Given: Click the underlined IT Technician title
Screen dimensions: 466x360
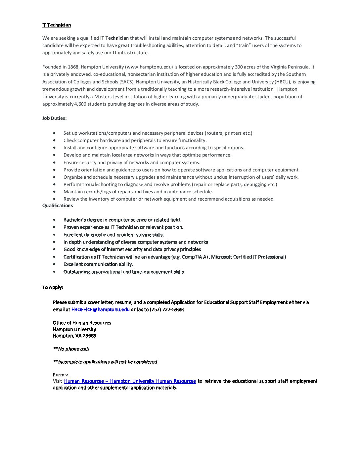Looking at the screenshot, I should pyautogui.click(x=57, y=25).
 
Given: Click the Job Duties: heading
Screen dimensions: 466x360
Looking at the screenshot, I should pyautogui.click(x=54, y=118).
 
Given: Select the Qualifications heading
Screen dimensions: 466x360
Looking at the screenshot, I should pyautogui.click(x=58, y=206).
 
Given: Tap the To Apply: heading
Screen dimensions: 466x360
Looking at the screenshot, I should pyautogui.click(x=52, y=287).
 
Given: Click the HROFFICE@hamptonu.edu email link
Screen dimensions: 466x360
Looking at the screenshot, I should pyautogui.click(x=100, y=309).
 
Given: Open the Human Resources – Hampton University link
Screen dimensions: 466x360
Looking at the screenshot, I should pyautogui.click(x=130, y=381).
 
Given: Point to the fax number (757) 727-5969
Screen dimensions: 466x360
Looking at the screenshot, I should pyautogui.click(x=166, y=309).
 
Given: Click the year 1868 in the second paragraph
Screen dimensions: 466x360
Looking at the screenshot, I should pyautogui.click(x=73, y=67).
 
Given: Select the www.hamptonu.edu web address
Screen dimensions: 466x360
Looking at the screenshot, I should pyautogui.click(x=149, y=67).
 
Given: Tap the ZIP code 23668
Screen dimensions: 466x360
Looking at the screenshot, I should pyautogui.click(x=89, y=336).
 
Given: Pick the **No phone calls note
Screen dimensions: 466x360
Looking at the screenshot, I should pyautogui.click(x=71, y=349).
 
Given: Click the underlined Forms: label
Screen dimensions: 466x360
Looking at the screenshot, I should pyautogui.click(x=61, y=375).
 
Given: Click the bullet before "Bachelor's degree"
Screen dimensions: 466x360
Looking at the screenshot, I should pyautogui.click(x=54, y=220).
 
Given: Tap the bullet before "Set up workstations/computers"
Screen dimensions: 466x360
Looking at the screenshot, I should pyautogui.click(x=54, y=133).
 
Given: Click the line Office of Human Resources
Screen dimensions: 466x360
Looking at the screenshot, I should pyautogui.click(x=82, y=323).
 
